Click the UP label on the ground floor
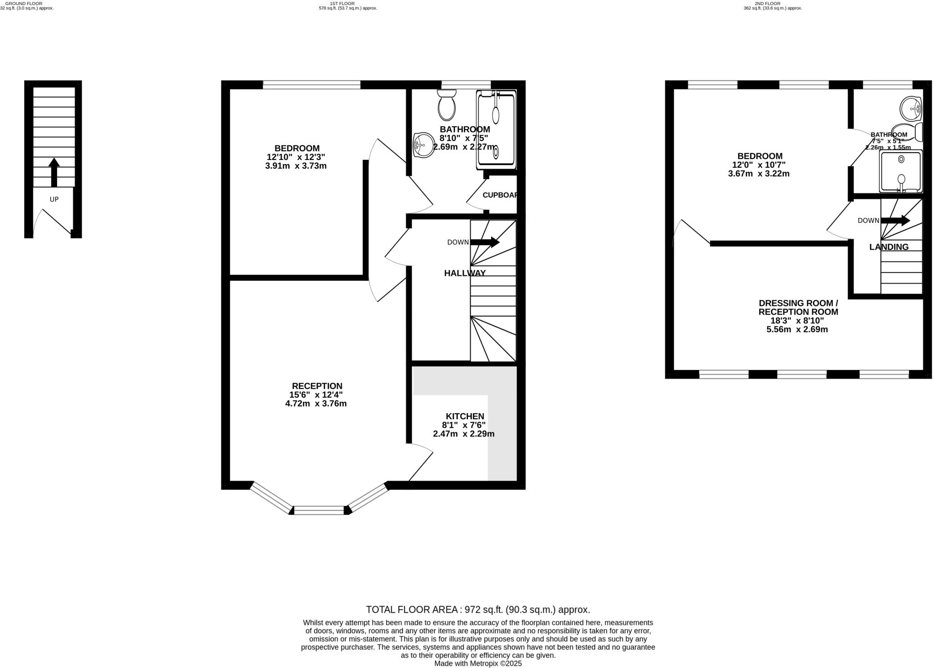54,199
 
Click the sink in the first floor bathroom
424,145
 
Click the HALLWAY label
465,273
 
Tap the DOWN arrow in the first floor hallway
485,242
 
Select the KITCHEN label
465,416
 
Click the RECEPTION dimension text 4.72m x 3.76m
316,404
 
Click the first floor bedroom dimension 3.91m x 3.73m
296,166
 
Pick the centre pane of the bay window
319,510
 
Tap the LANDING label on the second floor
889,247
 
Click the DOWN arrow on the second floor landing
895,221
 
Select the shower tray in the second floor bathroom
901,172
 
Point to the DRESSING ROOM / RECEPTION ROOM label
798,308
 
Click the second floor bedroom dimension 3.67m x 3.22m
759,174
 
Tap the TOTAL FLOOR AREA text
478,610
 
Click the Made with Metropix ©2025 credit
478,663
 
